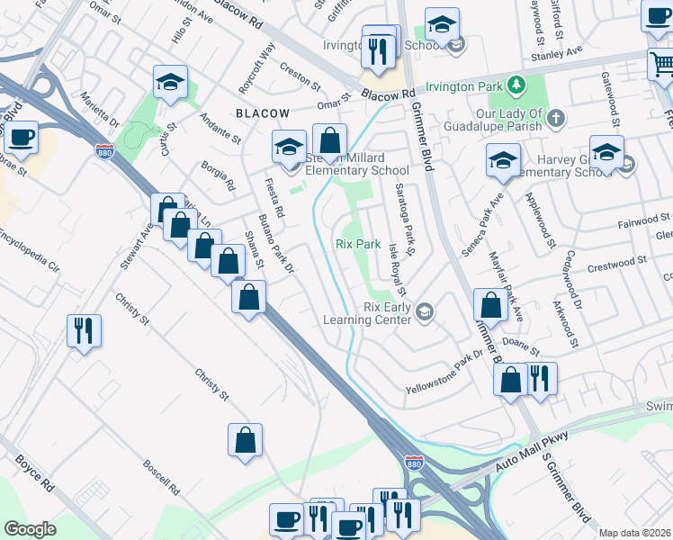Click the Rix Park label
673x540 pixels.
tap(358, 244)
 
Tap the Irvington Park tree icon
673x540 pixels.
tap(516, 85)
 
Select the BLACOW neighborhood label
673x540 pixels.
tap(263, 113)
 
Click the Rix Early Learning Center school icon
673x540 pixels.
tap(425, 312)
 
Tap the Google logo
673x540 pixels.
tap(30, 529)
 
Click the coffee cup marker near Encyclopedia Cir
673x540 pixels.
tap(21, 138)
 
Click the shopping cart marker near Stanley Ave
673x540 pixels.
tap(662, 64)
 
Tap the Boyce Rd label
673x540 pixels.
tap(34, 470)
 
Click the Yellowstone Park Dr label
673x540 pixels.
tap(445, 377)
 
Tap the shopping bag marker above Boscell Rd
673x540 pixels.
tap(245, 440)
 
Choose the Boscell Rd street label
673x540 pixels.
tap(162, 479)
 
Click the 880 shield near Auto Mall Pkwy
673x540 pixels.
tap(413, 463)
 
